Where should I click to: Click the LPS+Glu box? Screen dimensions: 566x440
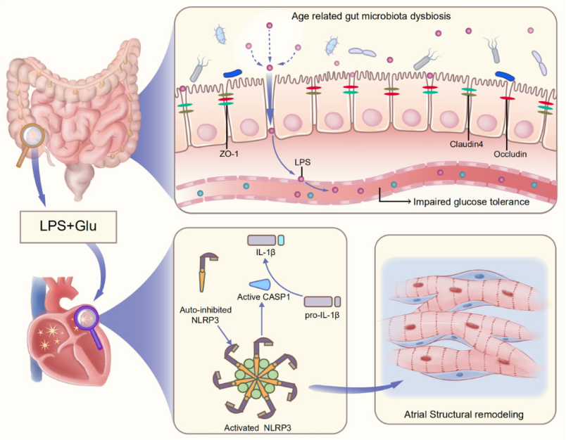pos(68,226)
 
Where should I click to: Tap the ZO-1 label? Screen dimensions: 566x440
pos(229,154)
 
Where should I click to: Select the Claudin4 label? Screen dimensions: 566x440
pos(466,144)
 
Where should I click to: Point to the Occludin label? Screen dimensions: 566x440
pos(510,154)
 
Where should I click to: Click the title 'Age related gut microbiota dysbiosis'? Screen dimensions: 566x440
pos(371,16)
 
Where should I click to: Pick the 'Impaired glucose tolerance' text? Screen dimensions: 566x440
pos(471,202)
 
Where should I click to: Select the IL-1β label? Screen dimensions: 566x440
pos(265,252)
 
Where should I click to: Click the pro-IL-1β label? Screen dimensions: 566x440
pos(322,316)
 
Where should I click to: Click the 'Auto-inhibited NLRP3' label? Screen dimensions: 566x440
pos(206,315)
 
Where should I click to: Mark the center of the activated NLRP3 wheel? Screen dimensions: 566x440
pos(257,379)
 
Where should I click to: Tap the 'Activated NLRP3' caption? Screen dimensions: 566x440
pos(258,428)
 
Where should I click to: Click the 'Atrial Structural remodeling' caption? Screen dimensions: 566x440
pos(464,415)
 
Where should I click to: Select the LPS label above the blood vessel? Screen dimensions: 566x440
pos(303,162)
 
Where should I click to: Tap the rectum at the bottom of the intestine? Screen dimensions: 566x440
pos(80,181)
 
